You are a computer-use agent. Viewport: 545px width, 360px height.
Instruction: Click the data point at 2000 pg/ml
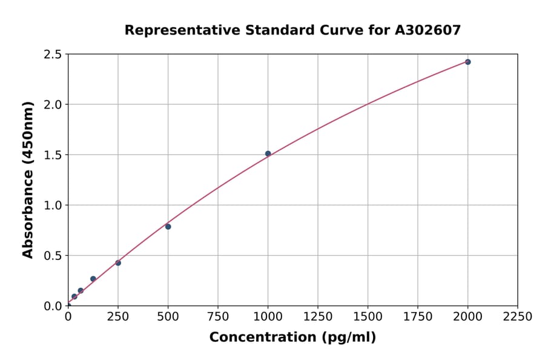[467, 62]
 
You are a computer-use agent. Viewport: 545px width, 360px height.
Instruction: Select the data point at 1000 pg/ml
[268, 153]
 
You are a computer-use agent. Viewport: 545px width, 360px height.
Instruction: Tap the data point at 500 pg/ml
[168, 227]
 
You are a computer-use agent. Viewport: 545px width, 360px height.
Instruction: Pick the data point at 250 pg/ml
[118, 263]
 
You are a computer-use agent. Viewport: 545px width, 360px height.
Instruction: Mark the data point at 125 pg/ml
[93, 279]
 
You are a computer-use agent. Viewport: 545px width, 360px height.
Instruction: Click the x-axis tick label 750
[218, 317]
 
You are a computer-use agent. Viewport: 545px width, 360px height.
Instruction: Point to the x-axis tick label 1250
[318, 317]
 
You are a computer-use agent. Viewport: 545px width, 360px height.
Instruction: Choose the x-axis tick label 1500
[368, 317]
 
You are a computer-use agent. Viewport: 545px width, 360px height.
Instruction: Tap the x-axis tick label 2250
[518, 317]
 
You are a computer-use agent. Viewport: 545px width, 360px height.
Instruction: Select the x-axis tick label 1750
[418, 317]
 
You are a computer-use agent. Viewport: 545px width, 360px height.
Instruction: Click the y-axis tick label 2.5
[53, 55]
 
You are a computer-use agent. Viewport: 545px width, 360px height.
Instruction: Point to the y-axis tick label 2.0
[53, 105]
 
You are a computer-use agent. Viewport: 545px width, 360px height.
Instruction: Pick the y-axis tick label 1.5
[53, 155]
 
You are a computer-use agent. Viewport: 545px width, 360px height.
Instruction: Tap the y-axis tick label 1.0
[53, 205]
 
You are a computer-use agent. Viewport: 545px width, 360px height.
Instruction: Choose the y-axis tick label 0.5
[53, 256]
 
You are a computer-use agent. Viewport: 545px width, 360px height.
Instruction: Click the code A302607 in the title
[428, 30]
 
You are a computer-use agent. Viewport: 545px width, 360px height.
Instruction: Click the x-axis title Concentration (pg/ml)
[292, 338]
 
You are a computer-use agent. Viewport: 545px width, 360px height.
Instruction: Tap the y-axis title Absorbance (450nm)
[28, 180]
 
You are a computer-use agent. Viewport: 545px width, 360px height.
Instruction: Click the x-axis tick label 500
[168, 317]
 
